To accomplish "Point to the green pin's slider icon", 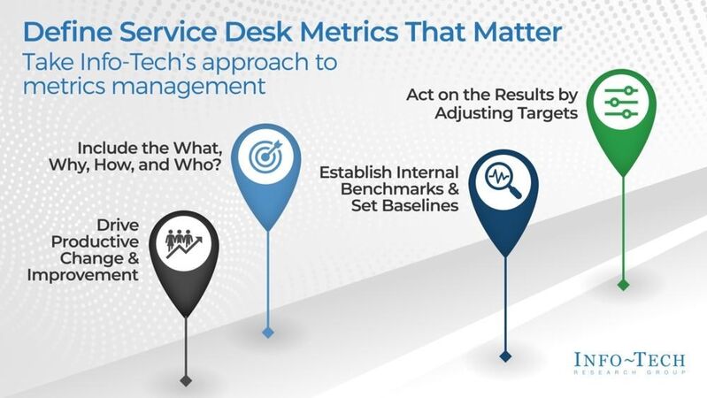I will [x=621, y=103].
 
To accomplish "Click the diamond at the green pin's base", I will [x=623, y=284].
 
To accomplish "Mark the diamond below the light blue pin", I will [x=267, y=332].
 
